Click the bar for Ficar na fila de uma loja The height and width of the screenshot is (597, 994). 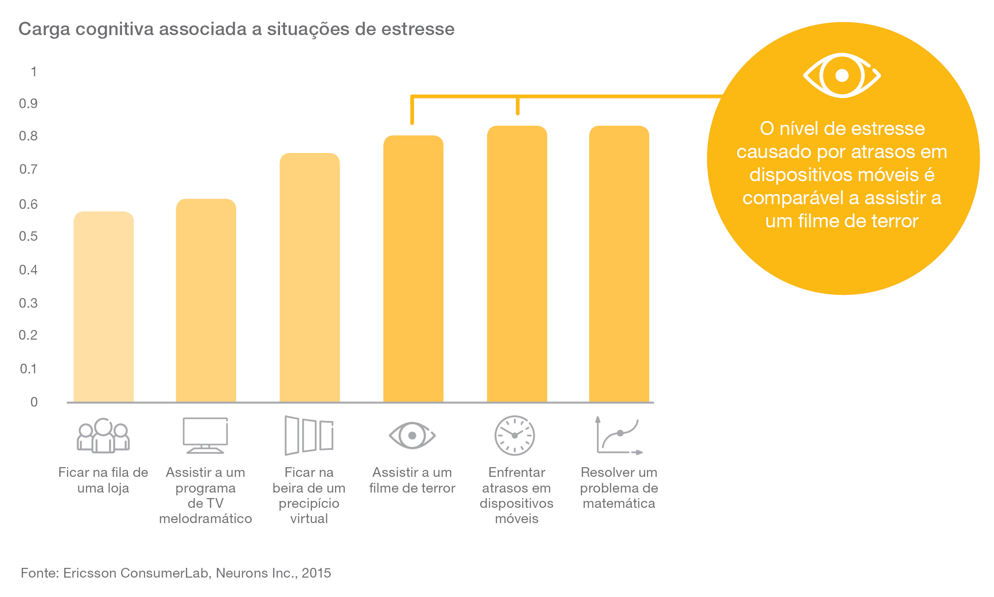point(104,307)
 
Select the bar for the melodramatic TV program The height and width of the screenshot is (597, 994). point(206,300)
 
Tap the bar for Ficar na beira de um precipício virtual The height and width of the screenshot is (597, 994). point(310,277)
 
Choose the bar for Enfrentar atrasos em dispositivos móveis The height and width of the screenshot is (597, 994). point(517,264)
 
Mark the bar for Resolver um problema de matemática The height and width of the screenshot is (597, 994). point(619,264)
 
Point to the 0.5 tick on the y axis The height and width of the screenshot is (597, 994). point(28,237)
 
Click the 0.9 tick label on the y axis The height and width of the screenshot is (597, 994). point(28,104)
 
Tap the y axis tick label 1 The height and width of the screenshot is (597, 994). point(33,72)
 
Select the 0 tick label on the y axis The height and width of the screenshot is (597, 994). point(34,402)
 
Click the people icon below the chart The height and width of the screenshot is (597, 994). point(103,435)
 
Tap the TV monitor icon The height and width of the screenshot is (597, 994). point(205,435)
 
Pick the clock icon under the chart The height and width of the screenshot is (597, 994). point(514,435)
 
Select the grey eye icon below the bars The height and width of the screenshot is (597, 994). point(412,435)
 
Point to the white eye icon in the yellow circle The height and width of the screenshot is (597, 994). point(842,75)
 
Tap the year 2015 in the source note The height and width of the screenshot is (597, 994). point(317,573)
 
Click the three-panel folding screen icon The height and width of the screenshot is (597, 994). point(309,435)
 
